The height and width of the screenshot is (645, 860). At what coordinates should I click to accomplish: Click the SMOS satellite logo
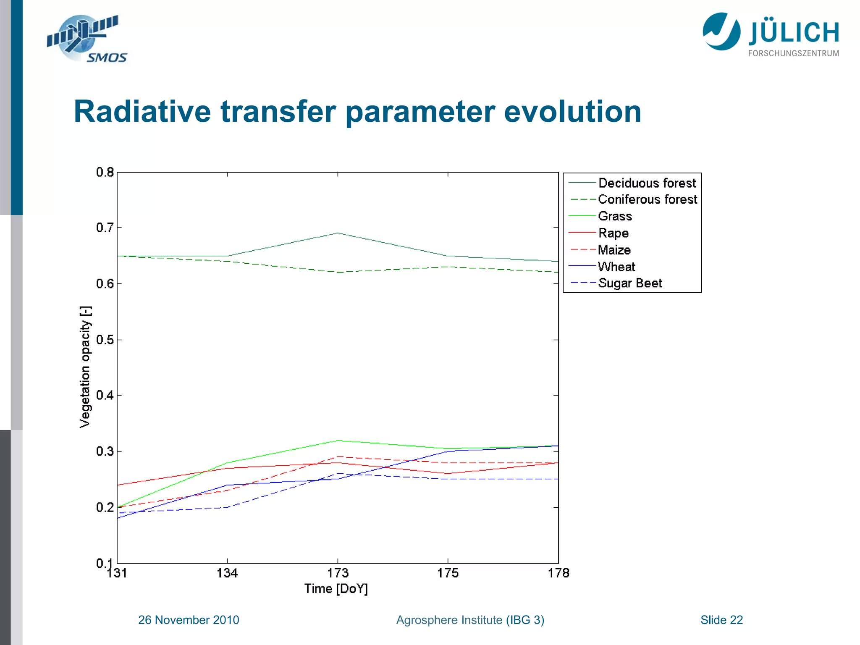[86, 39]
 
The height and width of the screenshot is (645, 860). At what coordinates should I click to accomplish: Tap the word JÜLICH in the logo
[793, 33]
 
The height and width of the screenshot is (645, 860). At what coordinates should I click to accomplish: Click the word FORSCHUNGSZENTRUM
[793, 53]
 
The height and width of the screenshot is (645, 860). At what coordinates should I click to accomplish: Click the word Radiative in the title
[142, 112]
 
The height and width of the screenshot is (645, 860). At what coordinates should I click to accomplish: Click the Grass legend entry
[615, 216]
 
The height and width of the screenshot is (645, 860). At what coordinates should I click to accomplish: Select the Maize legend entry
[614, 250]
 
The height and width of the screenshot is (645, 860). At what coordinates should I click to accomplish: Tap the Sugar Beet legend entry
[630, 283]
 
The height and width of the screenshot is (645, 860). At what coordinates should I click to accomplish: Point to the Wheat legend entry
[616, 267]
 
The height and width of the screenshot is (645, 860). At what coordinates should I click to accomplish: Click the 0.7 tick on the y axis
[105, 228]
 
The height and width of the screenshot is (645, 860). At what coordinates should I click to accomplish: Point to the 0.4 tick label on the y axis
[105, 395]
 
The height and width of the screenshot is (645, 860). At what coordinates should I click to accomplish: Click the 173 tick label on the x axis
[338, 573]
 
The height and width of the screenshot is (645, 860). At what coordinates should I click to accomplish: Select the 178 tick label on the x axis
[558, 573]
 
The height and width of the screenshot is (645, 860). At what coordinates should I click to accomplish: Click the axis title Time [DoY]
[336, 589]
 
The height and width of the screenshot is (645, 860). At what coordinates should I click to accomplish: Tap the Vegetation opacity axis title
[85, 367]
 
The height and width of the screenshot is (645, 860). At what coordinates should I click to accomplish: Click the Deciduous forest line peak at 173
[338, 233]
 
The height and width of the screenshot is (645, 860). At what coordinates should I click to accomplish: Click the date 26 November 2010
[189, 620]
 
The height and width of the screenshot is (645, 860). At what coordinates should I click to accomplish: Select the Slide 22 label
[721, 620]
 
